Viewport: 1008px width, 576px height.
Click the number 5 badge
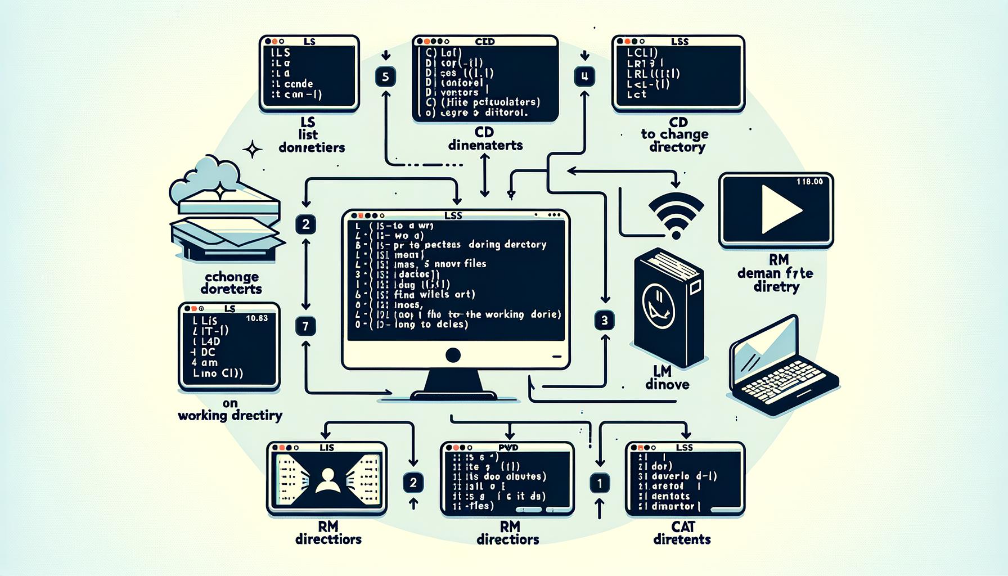[385, 76]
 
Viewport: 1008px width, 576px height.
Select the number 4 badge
[584, 76]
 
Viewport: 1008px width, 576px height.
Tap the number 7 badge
[305, 326]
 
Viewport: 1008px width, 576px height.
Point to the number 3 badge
[605, 321]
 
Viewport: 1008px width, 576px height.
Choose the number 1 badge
[600, 483]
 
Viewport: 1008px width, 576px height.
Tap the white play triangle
[780, 209]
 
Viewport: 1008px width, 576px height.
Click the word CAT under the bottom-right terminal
[683, 527]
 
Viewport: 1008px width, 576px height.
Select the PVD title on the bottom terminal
[508, 448]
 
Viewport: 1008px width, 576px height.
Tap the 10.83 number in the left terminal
[256, 318]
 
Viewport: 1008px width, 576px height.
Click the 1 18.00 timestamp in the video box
[809, 182]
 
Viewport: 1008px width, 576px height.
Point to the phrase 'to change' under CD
[674, 134]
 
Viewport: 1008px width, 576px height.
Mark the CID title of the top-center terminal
[484, 42]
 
